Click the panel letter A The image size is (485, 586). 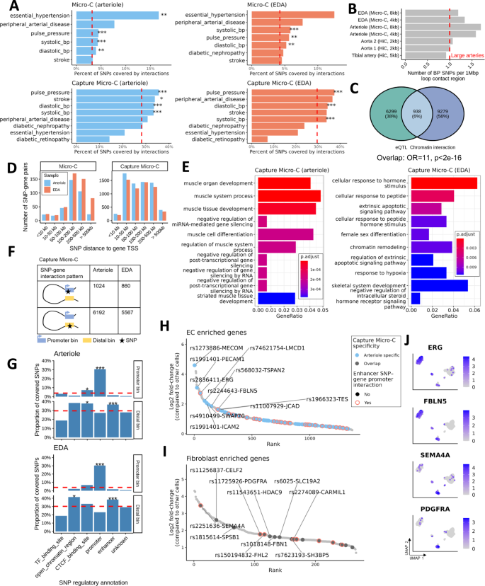pos(5,6)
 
